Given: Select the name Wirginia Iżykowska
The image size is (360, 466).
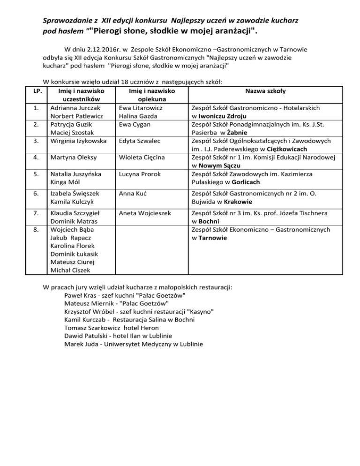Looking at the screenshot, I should (79, 141).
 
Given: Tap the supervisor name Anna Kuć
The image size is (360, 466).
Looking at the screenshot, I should (132, 194).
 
